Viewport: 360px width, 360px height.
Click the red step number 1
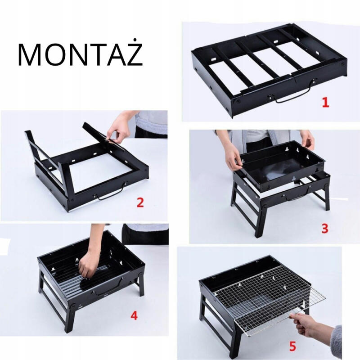tap(325, 103)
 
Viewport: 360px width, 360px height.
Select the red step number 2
tap(140, 202)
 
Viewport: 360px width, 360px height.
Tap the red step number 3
tap(325, 229)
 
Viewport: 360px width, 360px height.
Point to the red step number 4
tap(134, 315)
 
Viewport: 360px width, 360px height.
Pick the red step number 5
tap(292, 346)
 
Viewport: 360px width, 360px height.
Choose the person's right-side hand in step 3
tap(308, 139)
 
